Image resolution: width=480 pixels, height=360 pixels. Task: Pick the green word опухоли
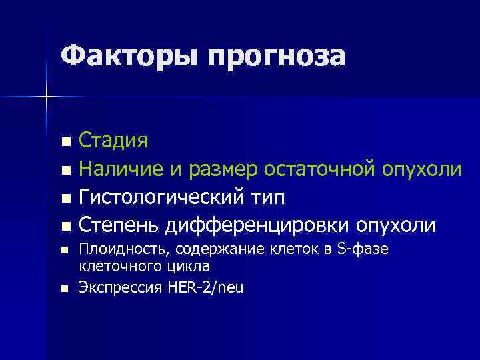(421, 171)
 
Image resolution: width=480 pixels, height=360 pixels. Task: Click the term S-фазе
(359, 249)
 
